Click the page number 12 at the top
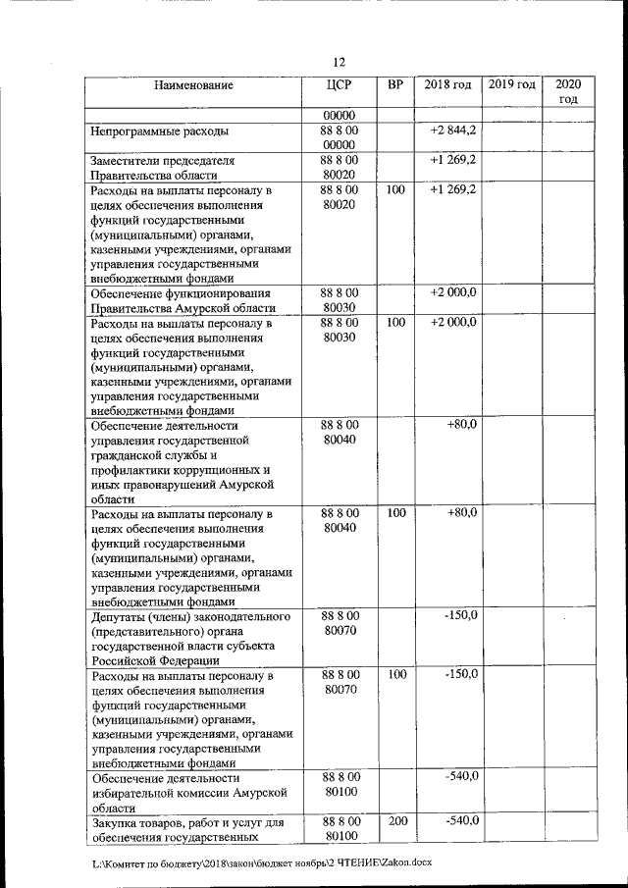click(x=339, y=63)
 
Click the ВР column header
click(x=395, y=85)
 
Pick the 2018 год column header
click(x=447, y=85)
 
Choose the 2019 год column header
click(x=511, y=85)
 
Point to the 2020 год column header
click(x=568, y=91)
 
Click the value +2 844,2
click(x=453, y=130)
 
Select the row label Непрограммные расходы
click(x=160, y=131)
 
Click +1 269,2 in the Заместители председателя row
click(x=453, y=159)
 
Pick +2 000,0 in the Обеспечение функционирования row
click(x=453, y=292)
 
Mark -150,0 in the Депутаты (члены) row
click(x=460, y=615)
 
